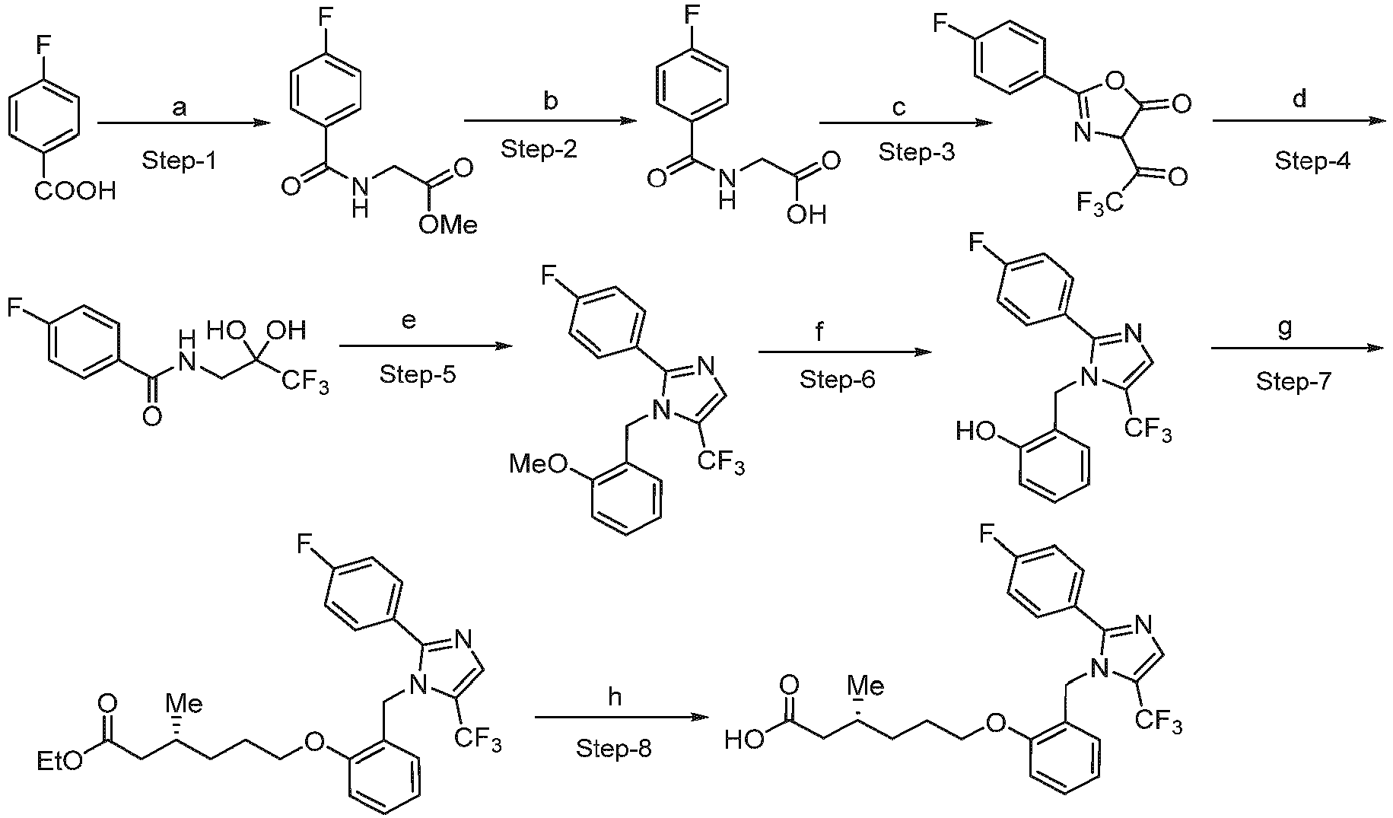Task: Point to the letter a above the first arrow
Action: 180,109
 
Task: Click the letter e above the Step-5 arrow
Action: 409,322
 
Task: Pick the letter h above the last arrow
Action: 615,697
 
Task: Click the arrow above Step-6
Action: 845,352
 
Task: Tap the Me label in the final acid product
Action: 867,687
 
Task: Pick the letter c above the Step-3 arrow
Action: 899,108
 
